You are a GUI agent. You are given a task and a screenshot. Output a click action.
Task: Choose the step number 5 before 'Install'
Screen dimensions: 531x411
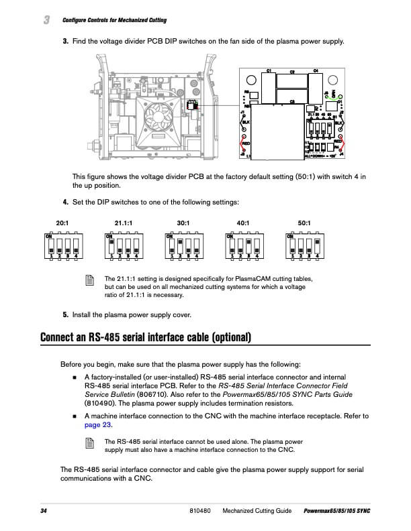point(65,314)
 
